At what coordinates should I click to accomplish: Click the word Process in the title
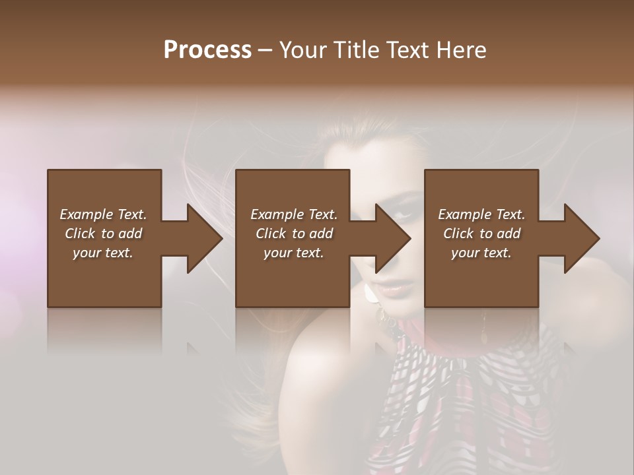207,50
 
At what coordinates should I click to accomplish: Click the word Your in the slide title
301,50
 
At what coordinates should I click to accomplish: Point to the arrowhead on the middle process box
392,238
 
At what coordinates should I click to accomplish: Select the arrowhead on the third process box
581,238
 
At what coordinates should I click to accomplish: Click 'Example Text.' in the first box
103,214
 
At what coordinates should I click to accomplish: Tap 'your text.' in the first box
103,253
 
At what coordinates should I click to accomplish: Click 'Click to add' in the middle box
294,234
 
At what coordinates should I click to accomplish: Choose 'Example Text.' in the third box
481,214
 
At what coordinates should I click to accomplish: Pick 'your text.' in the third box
481,253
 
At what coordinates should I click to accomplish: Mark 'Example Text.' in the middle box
294,214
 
